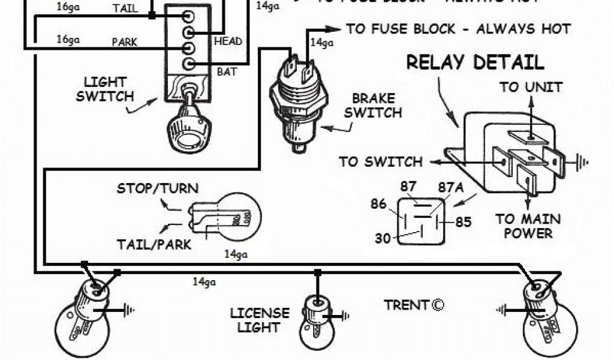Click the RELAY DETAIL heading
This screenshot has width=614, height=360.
coord(475,62)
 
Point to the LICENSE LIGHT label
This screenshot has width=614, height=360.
coord(259,320)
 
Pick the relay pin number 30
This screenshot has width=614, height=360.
coord(383,238)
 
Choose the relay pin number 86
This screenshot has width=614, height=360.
coord(378,203)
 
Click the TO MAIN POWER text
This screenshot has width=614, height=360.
coord(528,226)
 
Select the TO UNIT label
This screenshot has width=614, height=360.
coord(531,87)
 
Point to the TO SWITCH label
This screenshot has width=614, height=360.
coord(380,161)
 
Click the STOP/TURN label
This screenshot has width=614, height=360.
coord(157,189)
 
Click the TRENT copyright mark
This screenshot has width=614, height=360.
coord(414,305)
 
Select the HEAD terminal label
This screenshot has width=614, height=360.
coord(228,41)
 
